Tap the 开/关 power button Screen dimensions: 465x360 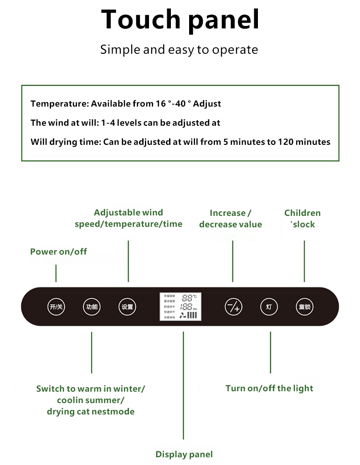point(56,307)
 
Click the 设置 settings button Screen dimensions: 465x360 point(127,307)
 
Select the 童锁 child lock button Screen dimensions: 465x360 point(304,307)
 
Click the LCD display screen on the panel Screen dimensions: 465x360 point(181,307)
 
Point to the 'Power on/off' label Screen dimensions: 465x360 point(58,251)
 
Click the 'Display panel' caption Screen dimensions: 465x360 point(184,454)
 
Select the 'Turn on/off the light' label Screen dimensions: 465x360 point(269,388)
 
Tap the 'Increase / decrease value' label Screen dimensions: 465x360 point(231,219)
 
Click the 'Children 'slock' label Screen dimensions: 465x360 point(303,219)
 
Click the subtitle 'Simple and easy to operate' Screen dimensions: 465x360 point(179,49)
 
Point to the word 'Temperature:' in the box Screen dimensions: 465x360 point(59,104)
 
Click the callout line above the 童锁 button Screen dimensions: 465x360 point(304,261)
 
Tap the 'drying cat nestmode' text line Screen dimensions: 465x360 point(91,412)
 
